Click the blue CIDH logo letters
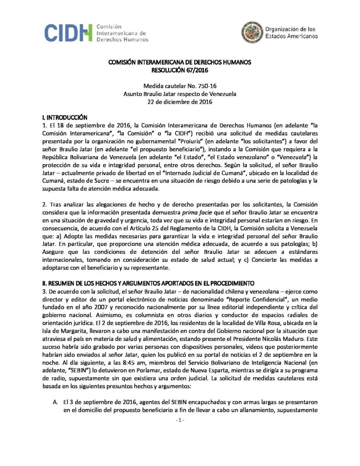click(x=68, y=33)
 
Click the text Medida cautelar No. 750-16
click(x=180, y=86)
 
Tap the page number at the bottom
click(x=179, y=420)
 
